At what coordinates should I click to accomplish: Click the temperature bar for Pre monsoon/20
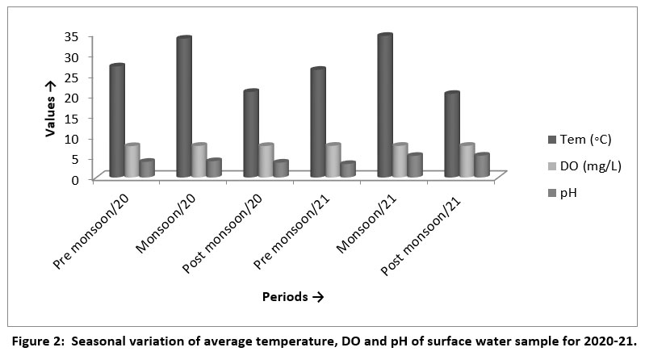pos(117,121)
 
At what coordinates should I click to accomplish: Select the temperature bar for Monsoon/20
pos(183,107)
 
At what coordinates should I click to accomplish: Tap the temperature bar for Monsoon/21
pos(384,106)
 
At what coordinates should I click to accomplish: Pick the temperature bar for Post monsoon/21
pos(451,135)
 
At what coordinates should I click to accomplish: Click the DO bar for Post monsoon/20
pos(265,161)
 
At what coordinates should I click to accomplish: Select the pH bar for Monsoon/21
pos(415,165)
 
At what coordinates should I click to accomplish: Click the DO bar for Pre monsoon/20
pos(132,161)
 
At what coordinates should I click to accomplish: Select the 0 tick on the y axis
pos(74,179)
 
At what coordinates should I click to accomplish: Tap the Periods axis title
pos(292,297)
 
